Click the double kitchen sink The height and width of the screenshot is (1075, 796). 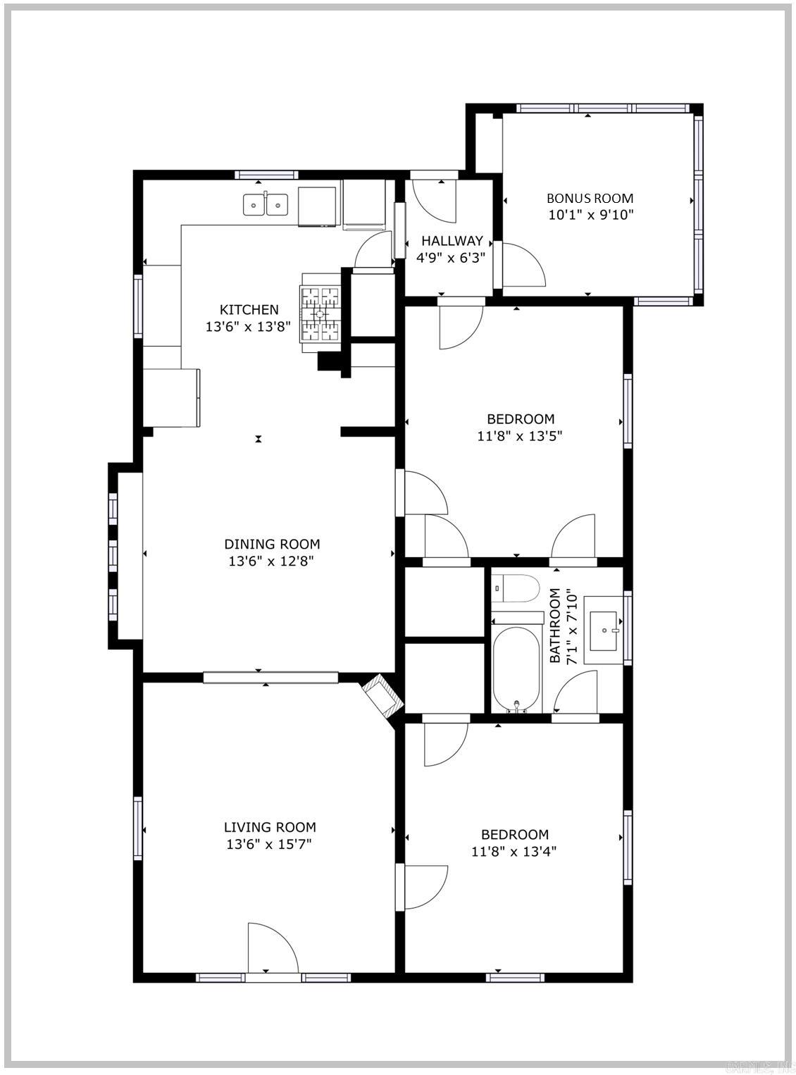pos(266,205)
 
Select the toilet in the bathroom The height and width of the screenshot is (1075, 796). pos(514,589)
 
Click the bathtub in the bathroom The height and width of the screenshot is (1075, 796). pos(516,669)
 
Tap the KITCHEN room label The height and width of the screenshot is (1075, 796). pos(249,309)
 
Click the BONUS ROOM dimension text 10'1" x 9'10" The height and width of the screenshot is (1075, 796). pos(590,215)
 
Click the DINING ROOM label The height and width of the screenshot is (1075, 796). pos(272,544)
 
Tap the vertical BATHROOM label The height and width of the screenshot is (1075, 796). pos(555,626)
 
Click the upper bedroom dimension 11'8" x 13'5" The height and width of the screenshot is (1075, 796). pos(519,435)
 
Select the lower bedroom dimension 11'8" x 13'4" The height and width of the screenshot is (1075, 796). pos(514,851)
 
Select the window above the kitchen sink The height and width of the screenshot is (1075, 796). pos(266,175)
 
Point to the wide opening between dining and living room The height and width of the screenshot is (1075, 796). pos(271,678)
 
